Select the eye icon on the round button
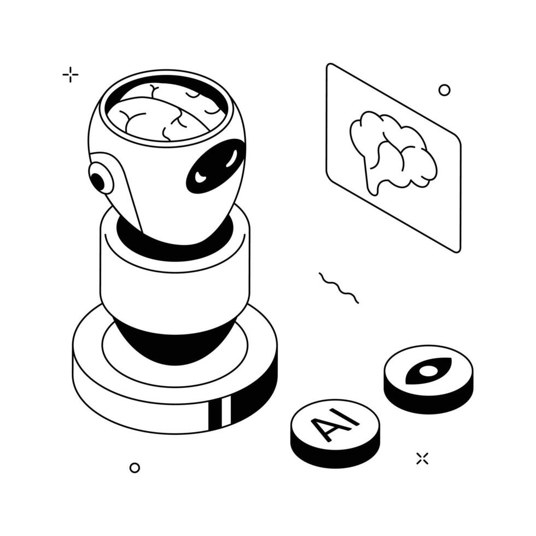(428, 371)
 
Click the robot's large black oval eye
(217, 165)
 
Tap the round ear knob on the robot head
(100, 178)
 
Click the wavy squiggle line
(339, 288)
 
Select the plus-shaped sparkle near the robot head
(71, 74)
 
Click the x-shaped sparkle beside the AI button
(422, 459)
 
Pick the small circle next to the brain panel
(444, 90)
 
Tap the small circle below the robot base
(135, 468)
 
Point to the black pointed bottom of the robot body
(174, 342)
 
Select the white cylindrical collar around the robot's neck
(174, 273)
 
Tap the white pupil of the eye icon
(428, 371)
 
